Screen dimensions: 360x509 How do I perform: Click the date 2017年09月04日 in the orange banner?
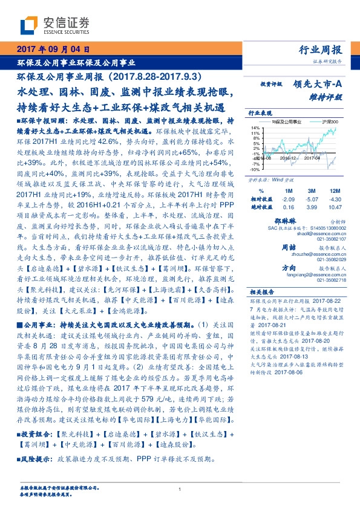(x=53, y=50)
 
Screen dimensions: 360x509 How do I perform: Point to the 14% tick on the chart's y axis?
(x=256, y=128)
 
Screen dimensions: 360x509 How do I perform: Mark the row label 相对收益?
(x=261, y=198)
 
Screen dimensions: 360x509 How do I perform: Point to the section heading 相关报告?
(x=261, y=290)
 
